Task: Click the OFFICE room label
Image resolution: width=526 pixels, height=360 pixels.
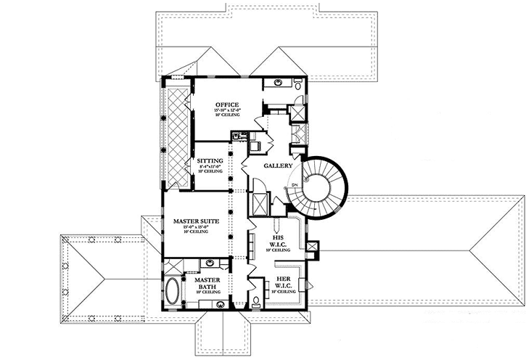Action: (x=227, y=105)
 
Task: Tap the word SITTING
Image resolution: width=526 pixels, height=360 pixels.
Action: (x=210, y=160)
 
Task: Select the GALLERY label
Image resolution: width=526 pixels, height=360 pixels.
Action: (x=278, y=165)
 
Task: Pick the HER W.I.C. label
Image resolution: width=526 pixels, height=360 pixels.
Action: (x=283, y=283)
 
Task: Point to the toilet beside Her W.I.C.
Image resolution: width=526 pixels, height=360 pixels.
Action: (x=257, y=300)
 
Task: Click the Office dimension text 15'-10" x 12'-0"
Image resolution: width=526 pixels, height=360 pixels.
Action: (x=227, y=110)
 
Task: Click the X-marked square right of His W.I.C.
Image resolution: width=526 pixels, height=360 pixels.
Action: (x=313, y=247)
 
